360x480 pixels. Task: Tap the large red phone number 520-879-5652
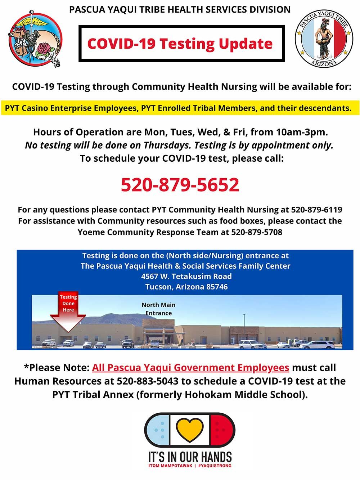pos(180,185)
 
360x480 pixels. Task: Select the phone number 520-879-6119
pos(316,210)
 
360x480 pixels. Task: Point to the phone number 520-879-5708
pos(257,232)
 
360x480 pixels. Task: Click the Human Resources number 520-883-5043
pos(141,381)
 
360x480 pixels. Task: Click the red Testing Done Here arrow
pos(68,312)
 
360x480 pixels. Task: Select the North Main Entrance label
pos(158,309)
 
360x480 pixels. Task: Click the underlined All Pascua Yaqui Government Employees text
pos(190,368)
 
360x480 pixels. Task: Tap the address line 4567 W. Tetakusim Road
pos(186,277)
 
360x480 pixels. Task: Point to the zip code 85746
pos(217,287)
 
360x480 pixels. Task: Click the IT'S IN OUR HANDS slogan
pos(190,457)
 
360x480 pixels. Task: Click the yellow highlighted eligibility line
pos(178,108)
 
